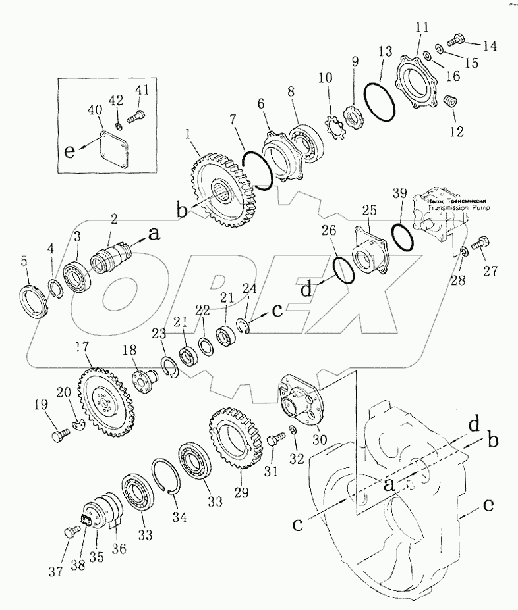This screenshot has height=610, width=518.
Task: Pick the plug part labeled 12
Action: [x=451, y=104]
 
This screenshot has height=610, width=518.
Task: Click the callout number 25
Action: [x=368, y=211]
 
